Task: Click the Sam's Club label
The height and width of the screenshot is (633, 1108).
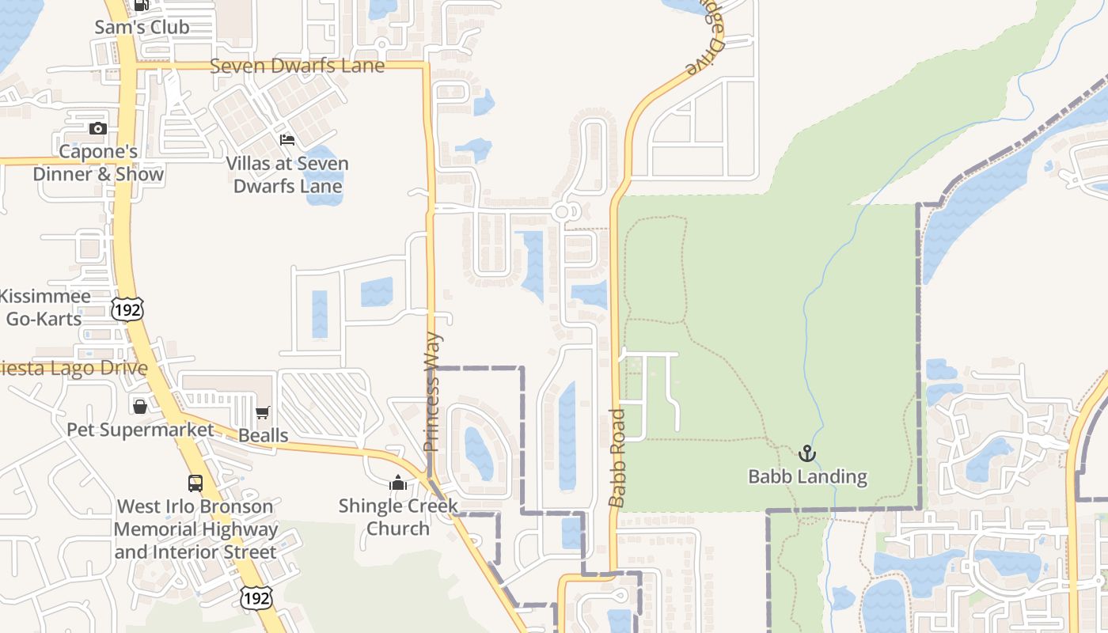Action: tap(142, 27)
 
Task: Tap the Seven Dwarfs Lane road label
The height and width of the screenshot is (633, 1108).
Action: tap(297, 66)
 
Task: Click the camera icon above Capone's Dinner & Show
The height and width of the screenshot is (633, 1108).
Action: tap(97, 128)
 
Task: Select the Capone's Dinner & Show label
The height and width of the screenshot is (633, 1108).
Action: tap(98, 163)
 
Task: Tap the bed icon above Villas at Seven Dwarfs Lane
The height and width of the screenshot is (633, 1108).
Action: tap(287, 140)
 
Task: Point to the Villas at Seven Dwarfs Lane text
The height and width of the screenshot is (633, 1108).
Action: tap(287, 175)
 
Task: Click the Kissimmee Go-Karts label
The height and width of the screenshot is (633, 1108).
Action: tap(44, 308)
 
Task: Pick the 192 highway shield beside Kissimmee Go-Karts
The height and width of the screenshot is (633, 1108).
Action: tap(127, 309)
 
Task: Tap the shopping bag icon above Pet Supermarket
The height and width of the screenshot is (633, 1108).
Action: tap(140, 407)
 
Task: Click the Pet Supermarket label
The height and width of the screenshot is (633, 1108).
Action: tap(140, 430)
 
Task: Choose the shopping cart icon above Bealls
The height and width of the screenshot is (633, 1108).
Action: tap(263, 412)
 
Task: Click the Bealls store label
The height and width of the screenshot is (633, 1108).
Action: tap(264, 435)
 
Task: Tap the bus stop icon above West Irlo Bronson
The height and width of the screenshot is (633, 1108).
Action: tap(195, 483)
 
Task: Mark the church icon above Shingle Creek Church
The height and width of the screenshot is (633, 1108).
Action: tap(397, 483)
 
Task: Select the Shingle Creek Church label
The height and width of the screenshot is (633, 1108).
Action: tap(398, 517)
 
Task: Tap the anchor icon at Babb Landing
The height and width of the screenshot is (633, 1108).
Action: tap(806, 453)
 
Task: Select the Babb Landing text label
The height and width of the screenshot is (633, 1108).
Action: tap(808, 476)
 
